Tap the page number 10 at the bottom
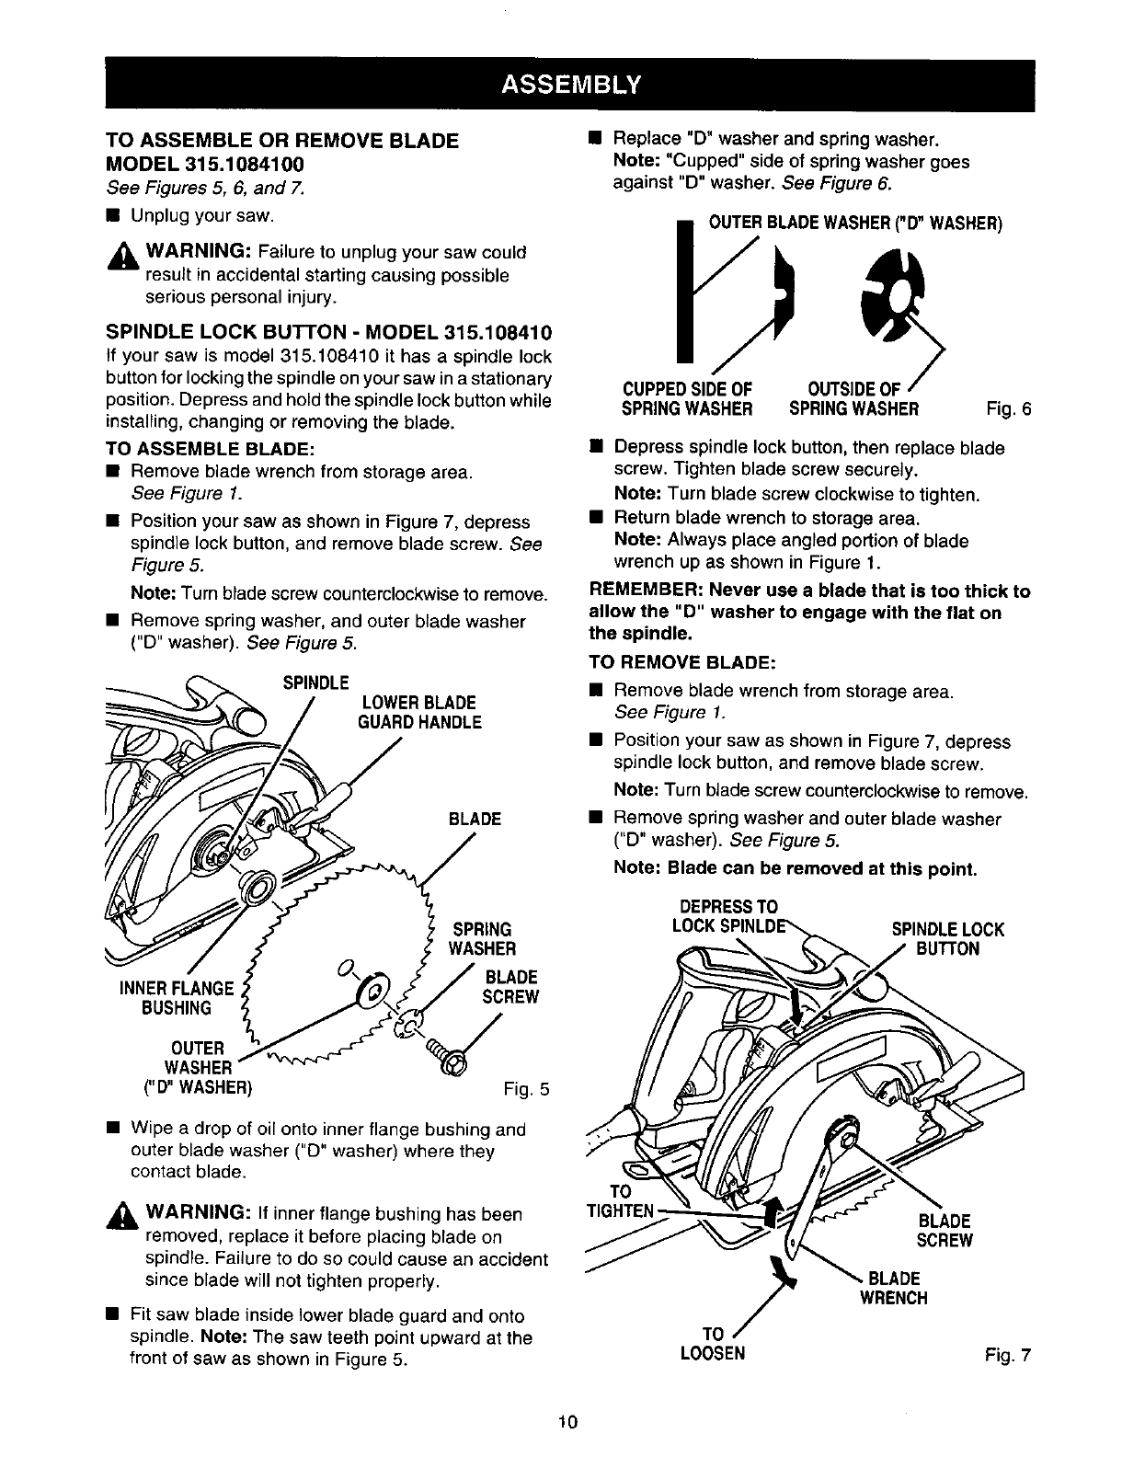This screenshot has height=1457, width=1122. point(566,1421)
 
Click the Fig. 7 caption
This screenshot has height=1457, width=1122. point(1008,1354)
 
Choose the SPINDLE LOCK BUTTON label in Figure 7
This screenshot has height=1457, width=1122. point(948,938)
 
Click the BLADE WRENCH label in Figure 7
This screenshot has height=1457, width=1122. point(894,1288)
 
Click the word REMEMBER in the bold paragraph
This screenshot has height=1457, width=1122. point(640,591)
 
